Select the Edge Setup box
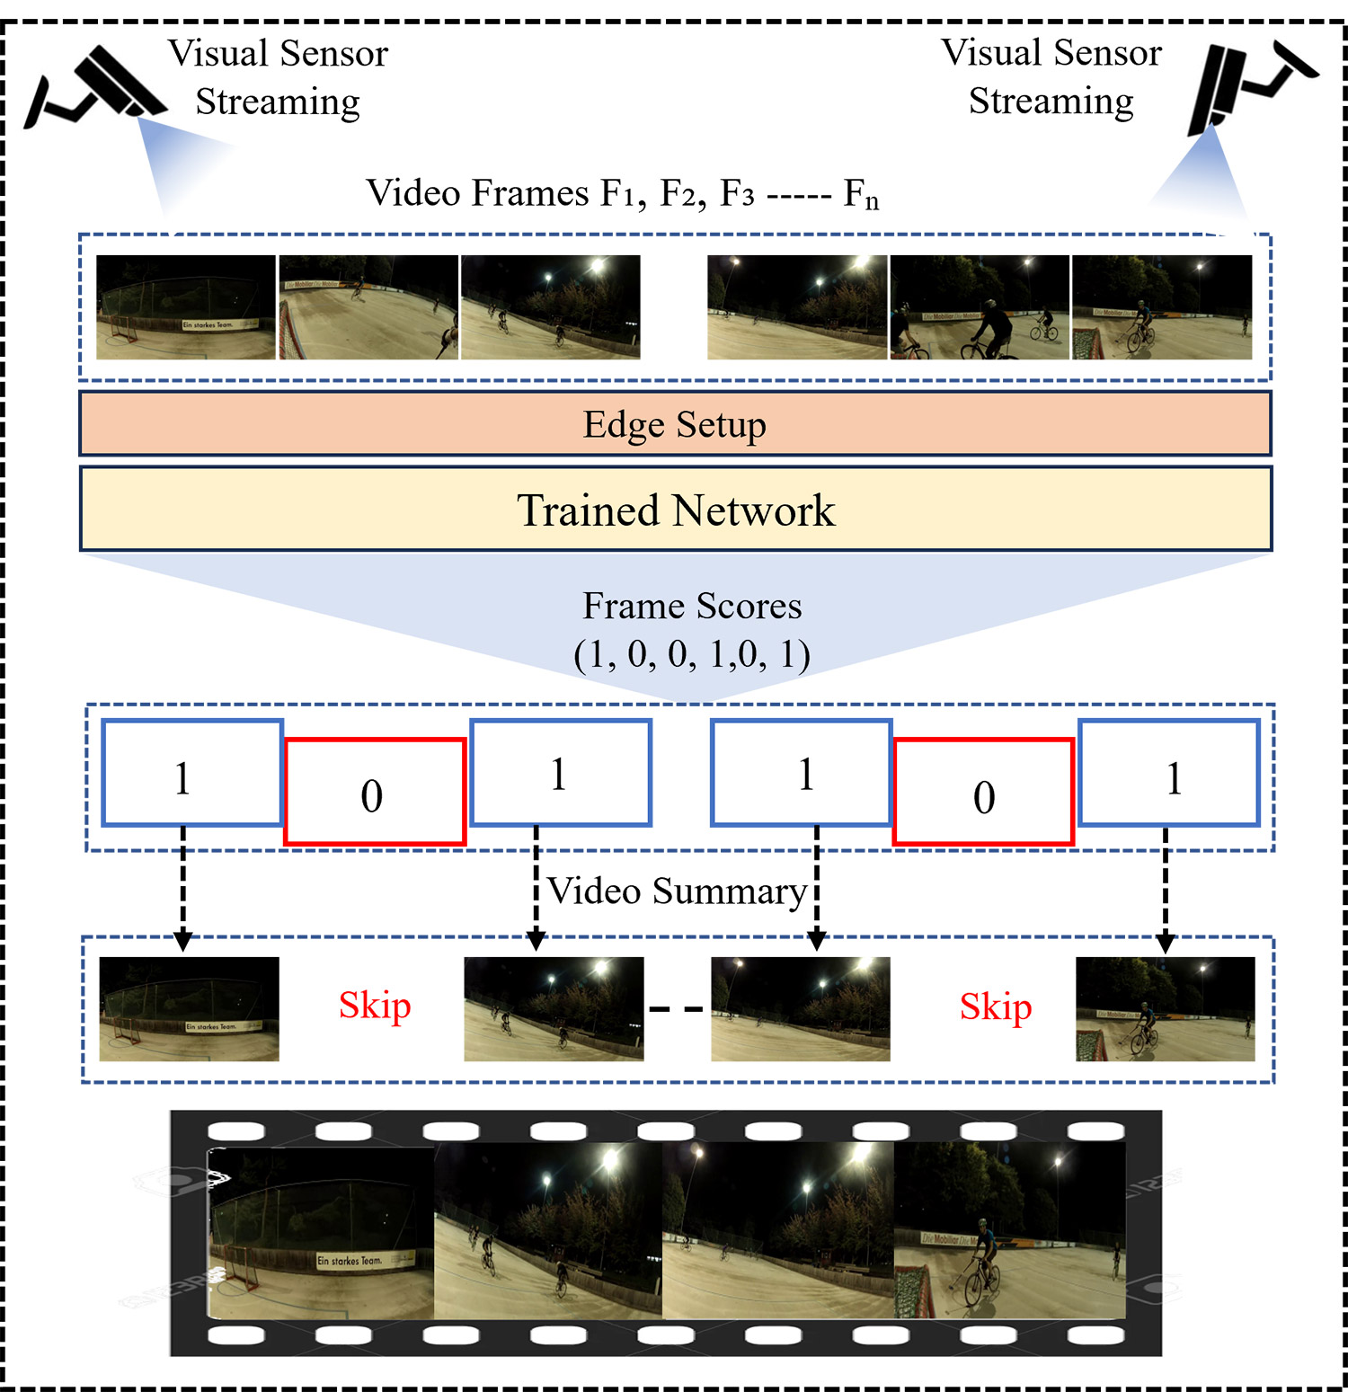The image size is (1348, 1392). tap(675, 424)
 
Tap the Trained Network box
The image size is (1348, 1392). tap(675, 510)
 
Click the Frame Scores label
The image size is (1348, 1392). tap(692, 607)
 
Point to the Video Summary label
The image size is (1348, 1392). tap(677, 891)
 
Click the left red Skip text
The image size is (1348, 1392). tap(375, 1006)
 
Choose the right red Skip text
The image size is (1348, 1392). tap(995, 1006)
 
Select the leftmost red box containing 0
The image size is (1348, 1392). tap(374, 793)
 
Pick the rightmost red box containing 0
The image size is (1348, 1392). tap(984, 793)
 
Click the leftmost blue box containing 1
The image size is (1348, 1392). tap(192, 773)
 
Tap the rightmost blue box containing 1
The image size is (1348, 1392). tap(1168, 773)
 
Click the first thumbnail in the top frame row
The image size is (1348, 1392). tap(186, 307)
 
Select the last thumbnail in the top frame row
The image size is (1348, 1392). tap(1161, 307)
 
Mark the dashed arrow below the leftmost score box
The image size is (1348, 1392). tap(183, 885)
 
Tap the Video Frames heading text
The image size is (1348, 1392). tap(622, 193)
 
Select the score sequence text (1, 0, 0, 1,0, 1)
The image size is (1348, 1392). tap(692, 655)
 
